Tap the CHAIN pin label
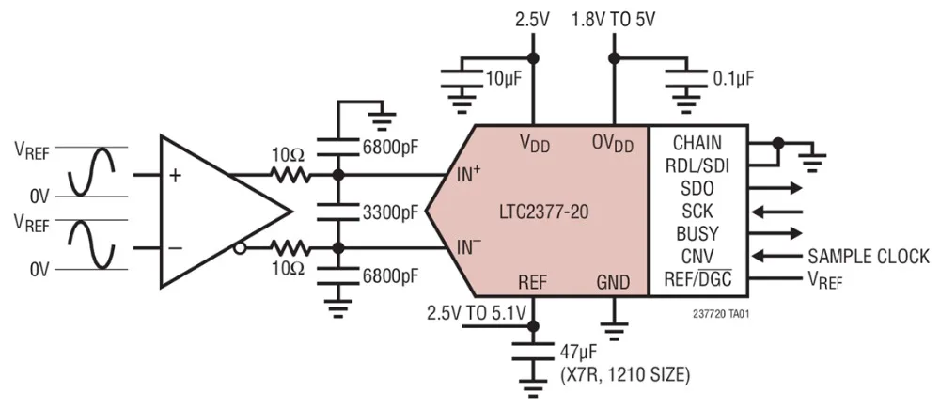click(697, 143)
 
